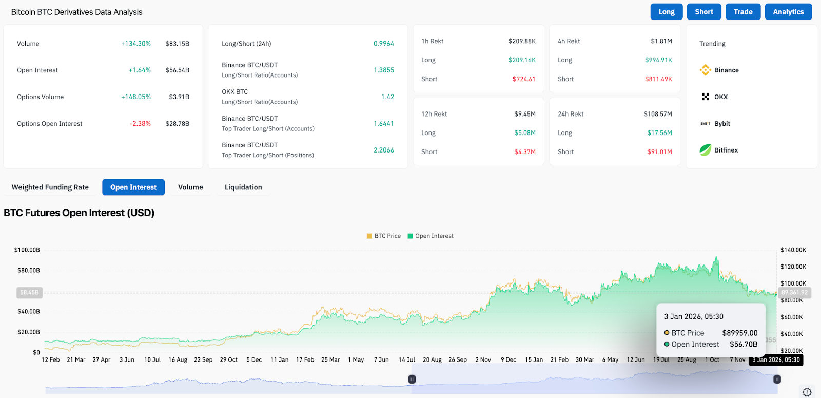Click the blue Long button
[x=667, y=12]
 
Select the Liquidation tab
[x=243, y=187]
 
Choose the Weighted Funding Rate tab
[x=50, y=187]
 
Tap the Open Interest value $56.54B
[x=177, y=70]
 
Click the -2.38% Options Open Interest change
[x=140, y=124]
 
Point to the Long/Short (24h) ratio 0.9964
[x=383, y=44]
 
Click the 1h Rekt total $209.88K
[x=522, y=41]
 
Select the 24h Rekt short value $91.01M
[x=659, y=152]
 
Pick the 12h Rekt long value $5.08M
[x=525, y=133]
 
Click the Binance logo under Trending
[x=706, y=70]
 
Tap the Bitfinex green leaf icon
[x=706, y=150]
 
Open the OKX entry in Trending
[x=720, y=97]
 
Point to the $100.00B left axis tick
[x=27, y=250]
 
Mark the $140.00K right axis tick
[x=793, y=250]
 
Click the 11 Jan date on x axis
[x=280, y=360]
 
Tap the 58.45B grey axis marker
[x=29, y=293]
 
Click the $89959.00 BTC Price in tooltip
[x=739, y=333]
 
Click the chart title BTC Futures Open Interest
[x=79, y=213]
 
